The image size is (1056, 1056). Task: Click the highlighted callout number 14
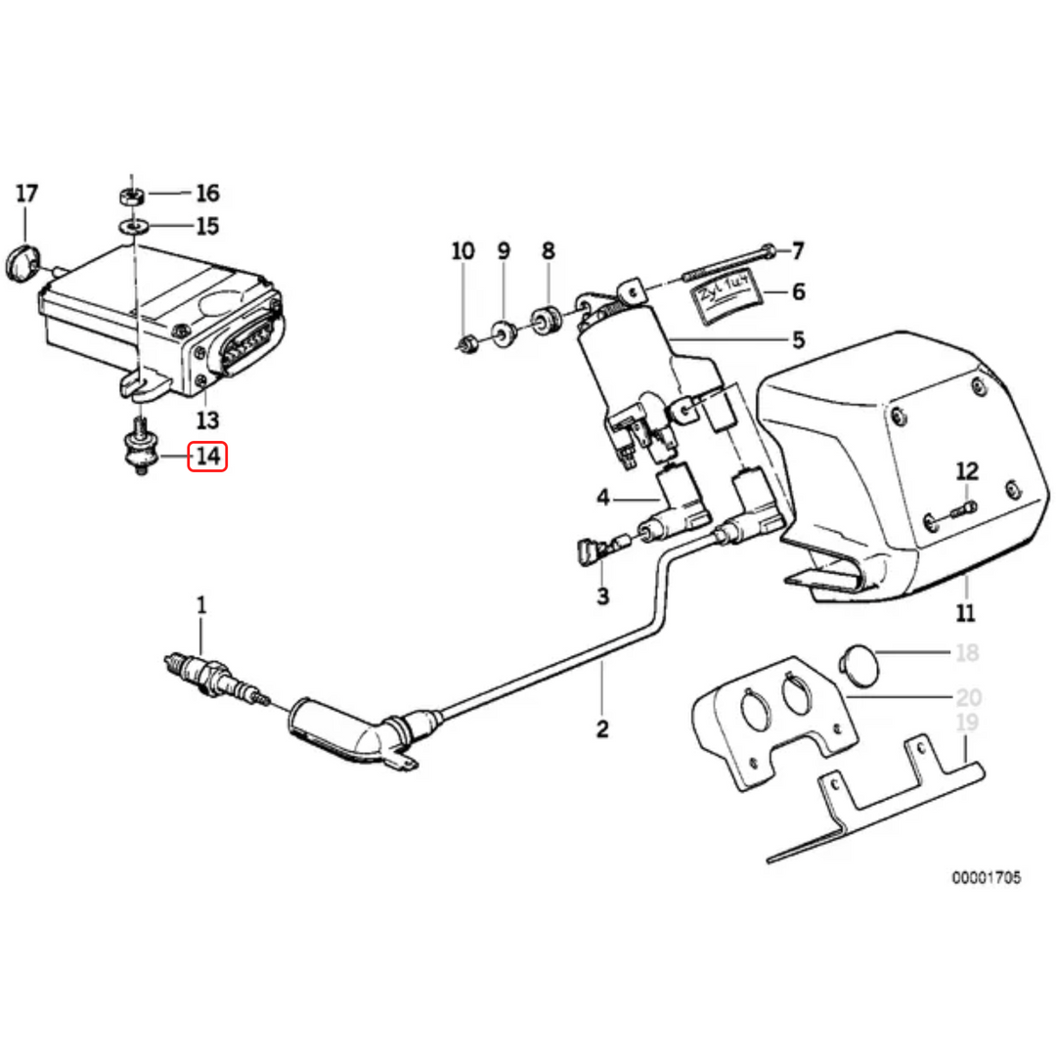click(x=208, y=457)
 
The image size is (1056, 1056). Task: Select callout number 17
click(x=27, y=194)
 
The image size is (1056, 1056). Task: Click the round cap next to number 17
click(x=21, y=261)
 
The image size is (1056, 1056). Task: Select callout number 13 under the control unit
click(x=207, y=421)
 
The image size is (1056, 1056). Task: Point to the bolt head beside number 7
click(x=770, y=250)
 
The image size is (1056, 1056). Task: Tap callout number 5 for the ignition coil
click(x=798, y=339)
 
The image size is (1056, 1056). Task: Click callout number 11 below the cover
click(x=966, y=614)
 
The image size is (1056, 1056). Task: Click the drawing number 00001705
click(x=987, y=878)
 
